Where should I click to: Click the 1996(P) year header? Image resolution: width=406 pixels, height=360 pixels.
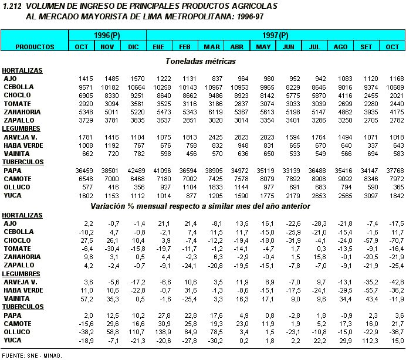107,36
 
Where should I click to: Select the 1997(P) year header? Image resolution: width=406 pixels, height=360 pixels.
276,36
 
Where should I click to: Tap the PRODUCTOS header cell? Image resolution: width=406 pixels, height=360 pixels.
35,46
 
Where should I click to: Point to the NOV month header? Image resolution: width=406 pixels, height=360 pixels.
107,46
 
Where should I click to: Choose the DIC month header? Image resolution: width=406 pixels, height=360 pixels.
134,46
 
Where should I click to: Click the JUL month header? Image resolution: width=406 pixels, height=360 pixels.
314,46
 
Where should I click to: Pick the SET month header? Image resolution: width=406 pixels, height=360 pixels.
366,46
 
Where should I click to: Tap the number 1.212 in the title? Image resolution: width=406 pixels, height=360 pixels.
13,6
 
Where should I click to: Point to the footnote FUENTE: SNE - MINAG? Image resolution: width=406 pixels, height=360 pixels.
32,355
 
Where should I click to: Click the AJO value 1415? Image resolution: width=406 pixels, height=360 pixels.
86,78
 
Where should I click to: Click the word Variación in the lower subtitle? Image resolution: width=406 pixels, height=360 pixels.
110,206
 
